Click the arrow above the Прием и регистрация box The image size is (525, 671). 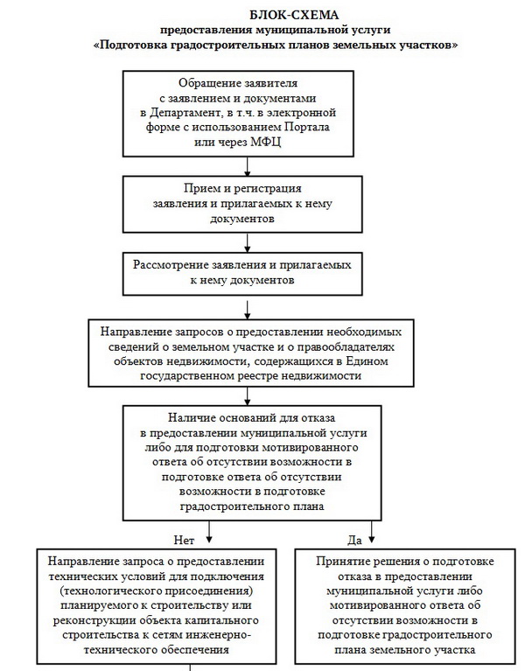tap(250, 169)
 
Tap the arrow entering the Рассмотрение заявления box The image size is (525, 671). tap(250, 246)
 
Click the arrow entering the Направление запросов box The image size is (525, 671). tap(250, 307)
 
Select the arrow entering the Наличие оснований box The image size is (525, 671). tap(250, 394)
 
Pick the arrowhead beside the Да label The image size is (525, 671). tap(374, 532)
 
